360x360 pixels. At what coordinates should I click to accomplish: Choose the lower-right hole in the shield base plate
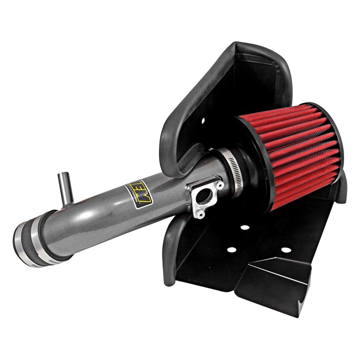[285, 249]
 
